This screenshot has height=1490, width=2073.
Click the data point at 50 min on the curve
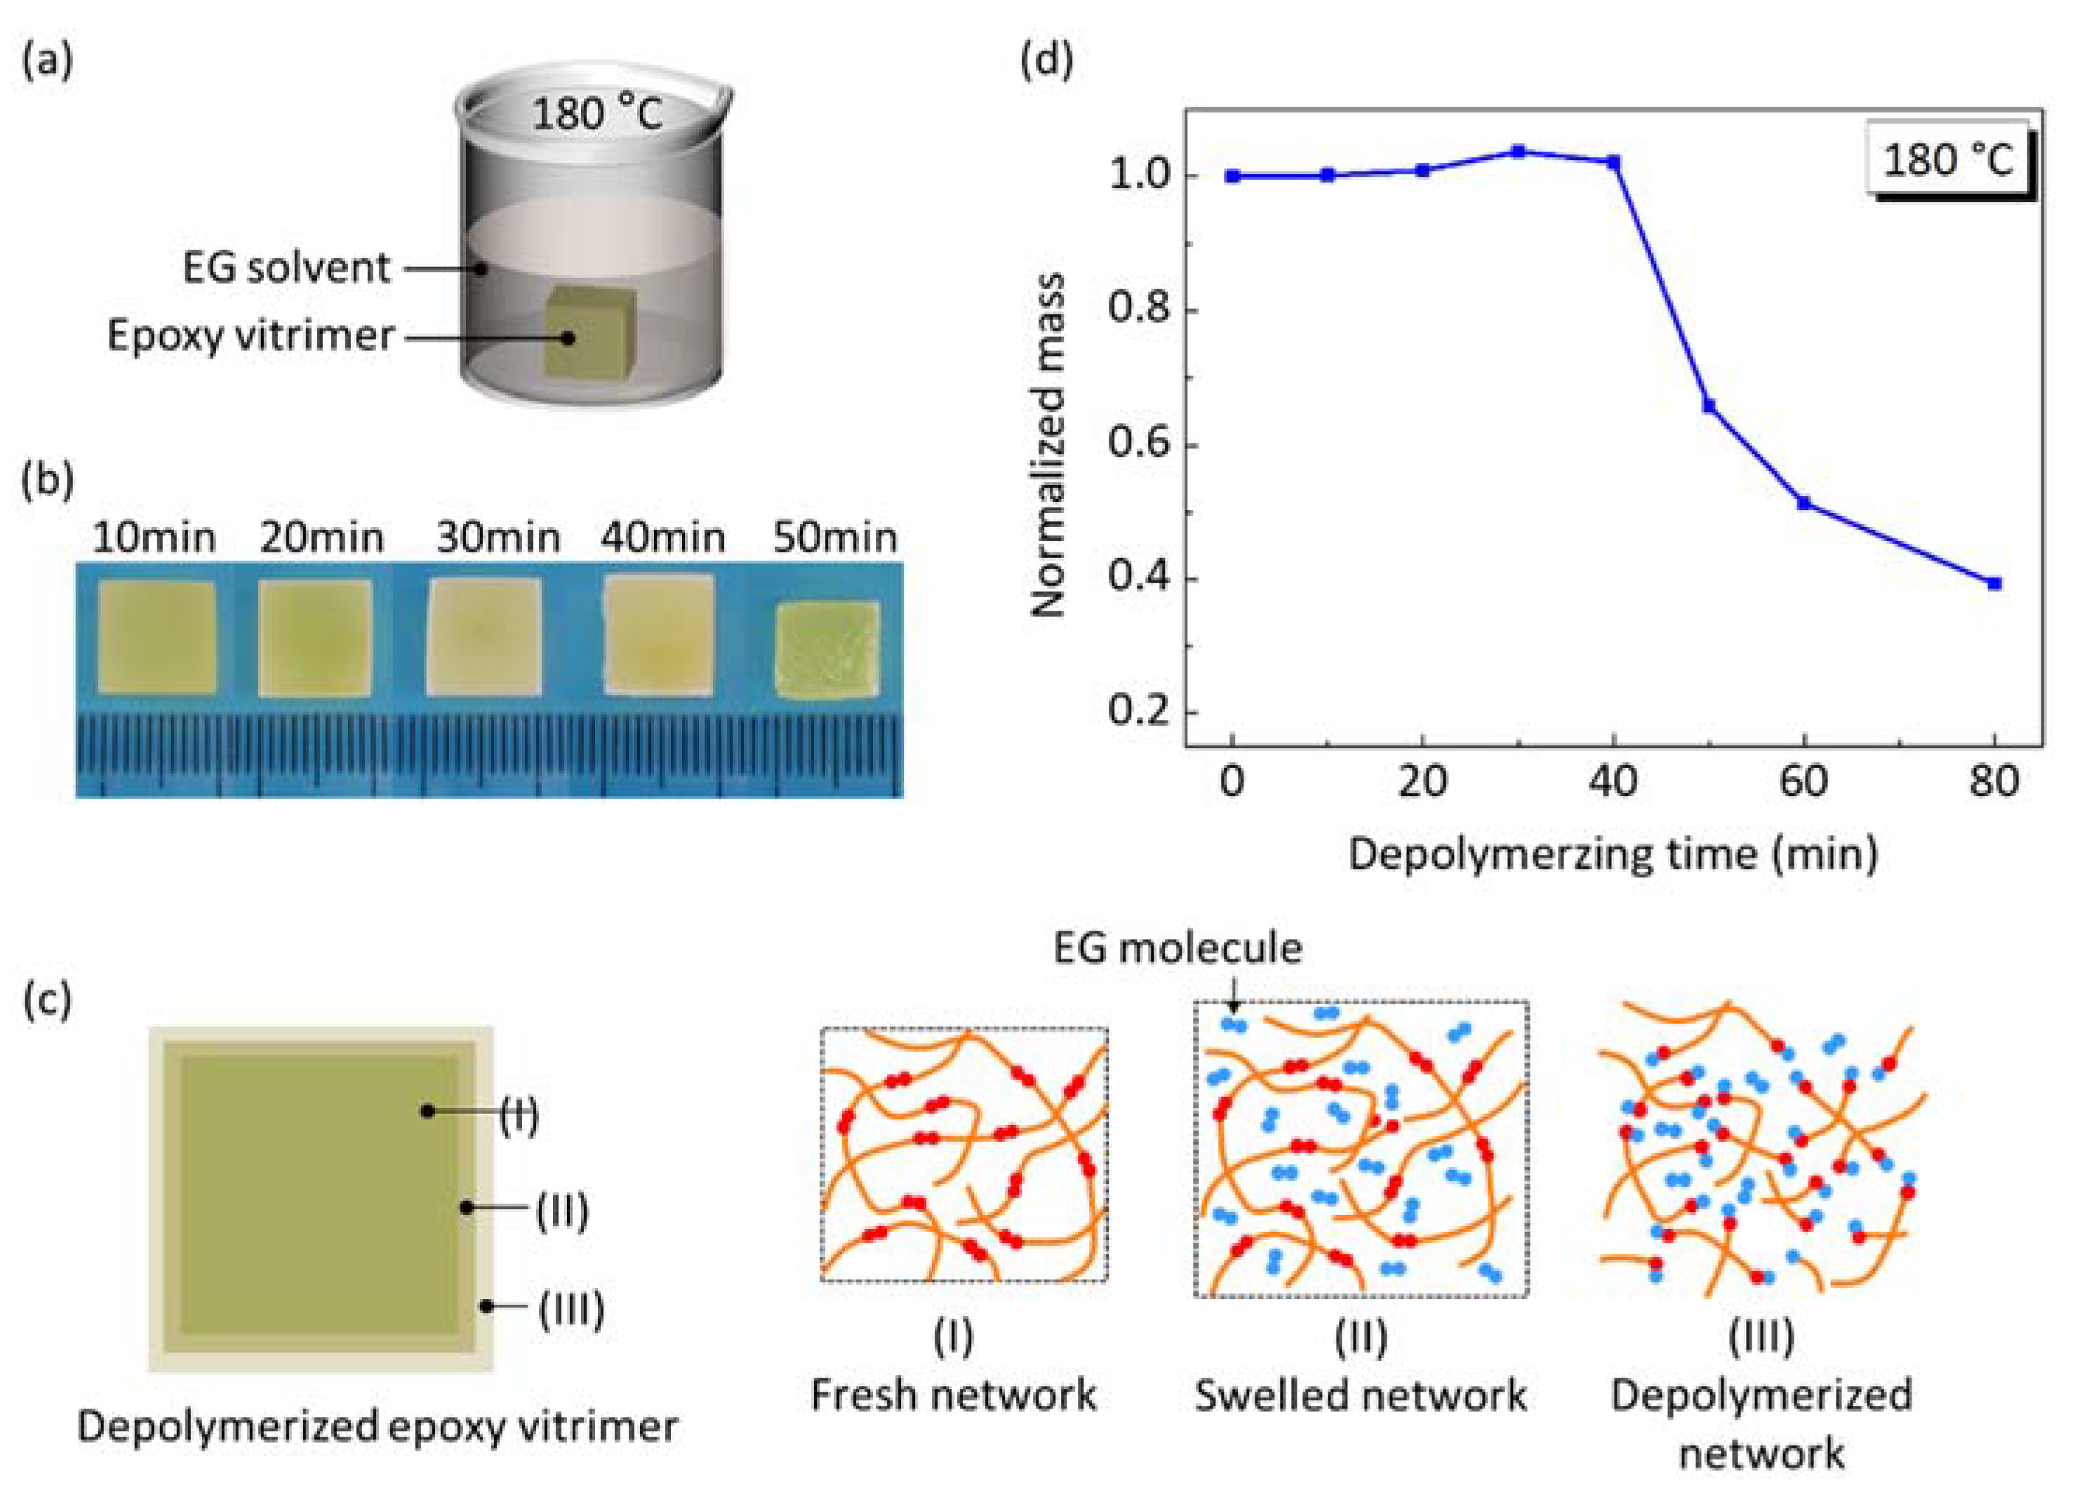pyautogui.click(x=1708, y=406)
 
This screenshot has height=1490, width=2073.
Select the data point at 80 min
pyautogui.click(x=1994, y=583)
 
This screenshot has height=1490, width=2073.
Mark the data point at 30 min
pyautogui.click(x=1518, y=151)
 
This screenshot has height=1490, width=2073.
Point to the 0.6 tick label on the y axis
pyautogui.click(x=1139, y=444)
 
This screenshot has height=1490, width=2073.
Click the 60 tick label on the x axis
pyautogui.click(x=1804, y=783)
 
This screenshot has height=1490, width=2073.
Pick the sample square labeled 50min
pyautogui.click(x=827, y=648)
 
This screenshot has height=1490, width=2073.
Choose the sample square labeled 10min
pyautogui.click(x=157, y=637)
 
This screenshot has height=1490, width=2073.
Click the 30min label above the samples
pyautogui.click(x=498, y=538)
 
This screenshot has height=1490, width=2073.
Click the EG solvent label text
pyautogui.click(x=286, y=268)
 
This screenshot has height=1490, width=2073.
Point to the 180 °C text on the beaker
pyautogui.click(x=596, y=116)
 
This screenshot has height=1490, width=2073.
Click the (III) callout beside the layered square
pyautogui.click(x=571, y=1308)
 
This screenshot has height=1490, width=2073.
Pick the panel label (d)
pyautogui.click(x=1046, y=61)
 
